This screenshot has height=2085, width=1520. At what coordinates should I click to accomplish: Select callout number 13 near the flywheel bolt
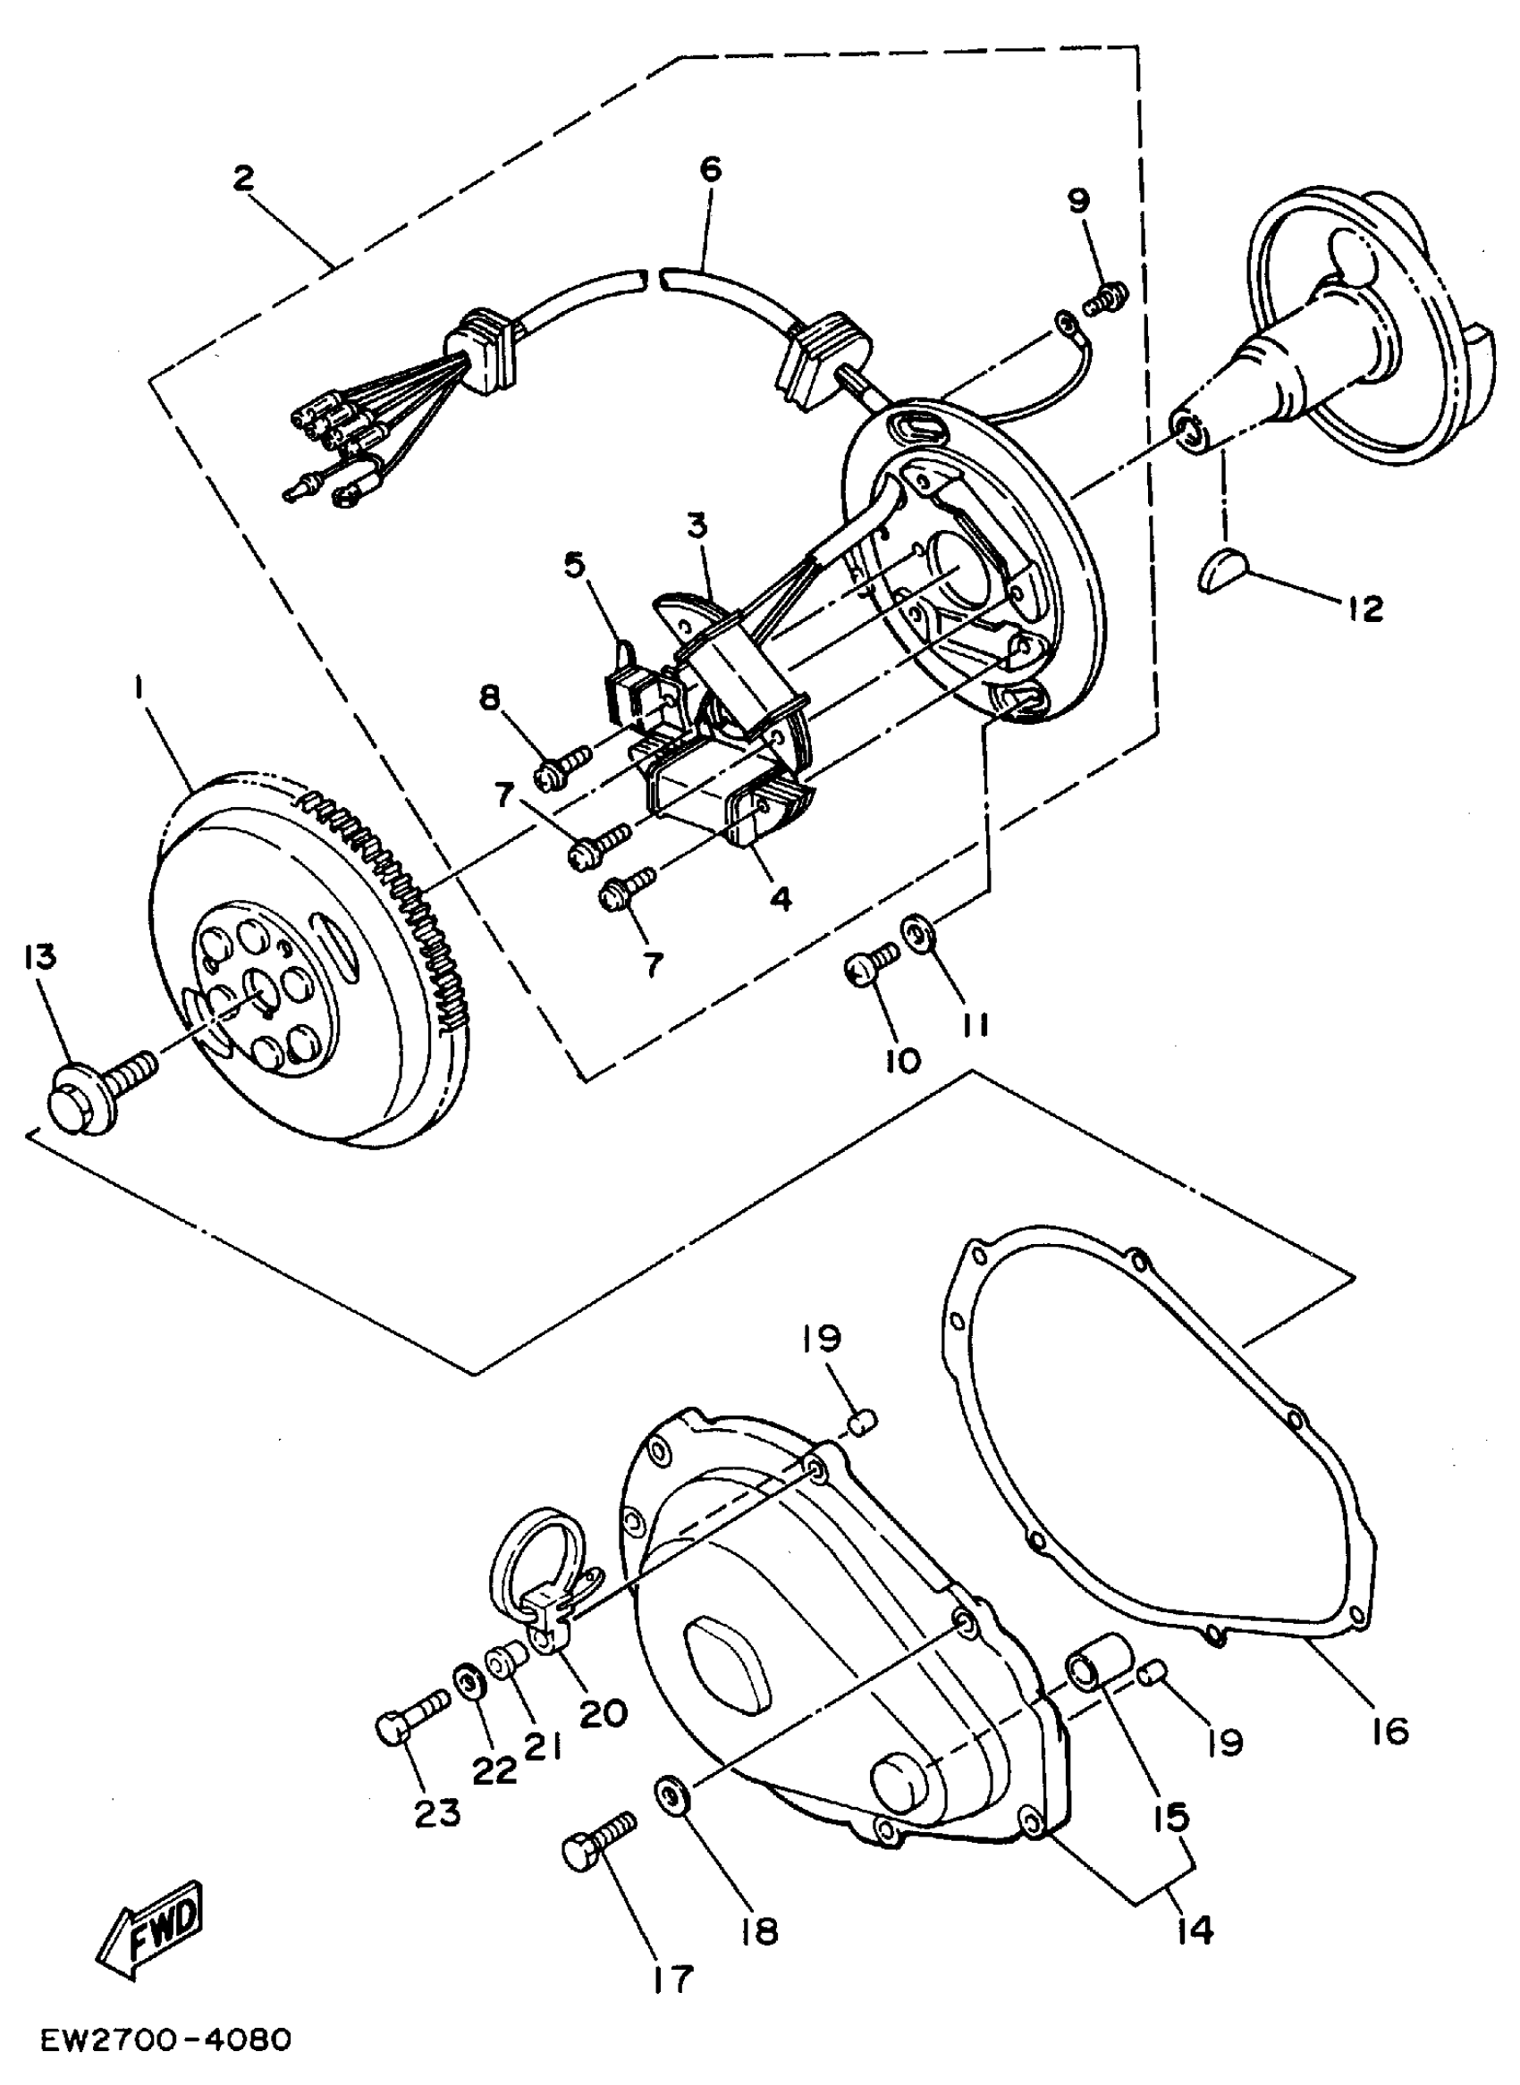(40, 956)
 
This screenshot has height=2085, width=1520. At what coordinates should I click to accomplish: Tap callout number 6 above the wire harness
(710, 169)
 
